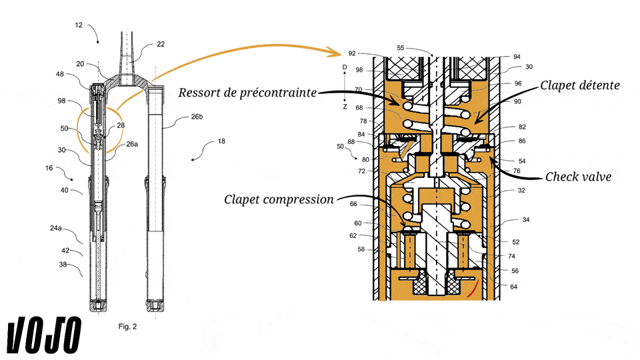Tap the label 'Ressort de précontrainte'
point(247,92)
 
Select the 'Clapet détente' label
point(579,85)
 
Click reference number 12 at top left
point(79,25)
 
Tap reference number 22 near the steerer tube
point(161,44)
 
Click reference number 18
point(221,141)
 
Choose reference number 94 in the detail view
point(517,57)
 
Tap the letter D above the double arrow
point(345,67)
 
